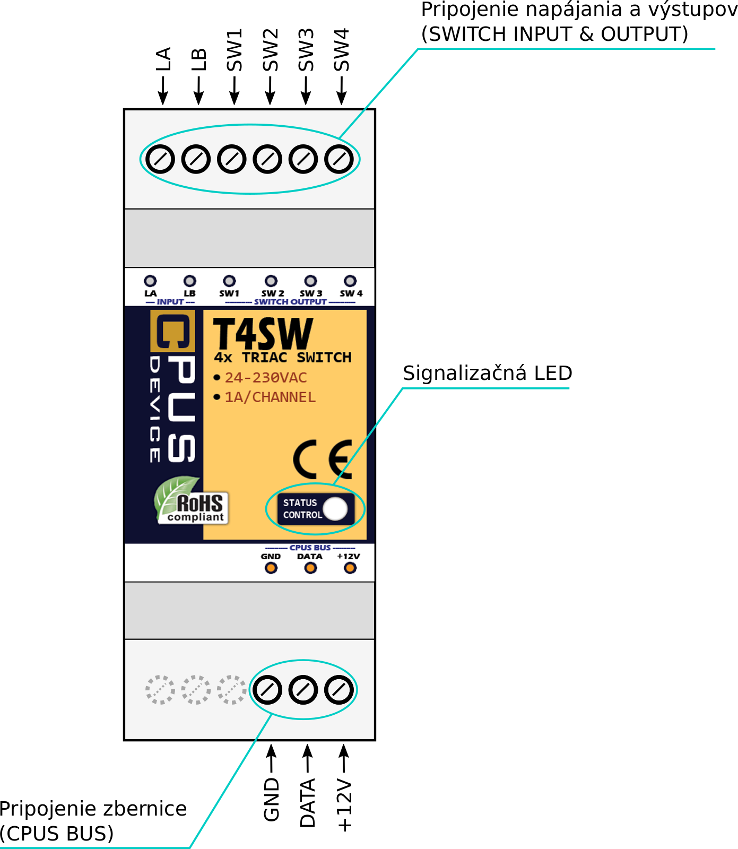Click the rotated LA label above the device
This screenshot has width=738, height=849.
click(163, 59)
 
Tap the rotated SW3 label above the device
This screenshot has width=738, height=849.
click(306, 50)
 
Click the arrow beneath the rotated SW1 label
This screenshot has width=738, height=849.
click(235, 91)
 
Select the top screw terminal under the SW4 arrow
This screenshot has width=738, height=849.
click(339, 159)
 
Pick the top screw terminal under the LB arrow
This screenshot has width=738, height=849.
click(196, 159)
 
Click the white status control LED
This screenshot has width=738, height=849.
click(335, 508)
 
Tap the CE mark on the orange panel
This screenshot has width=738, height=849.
click(323, 459)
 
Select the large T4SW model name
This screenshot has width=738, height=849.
click(263, 334)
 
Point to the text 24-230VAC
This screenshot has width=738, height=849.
click(266, 378)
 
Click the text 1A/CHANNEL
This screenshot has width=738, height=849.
click(270, 397)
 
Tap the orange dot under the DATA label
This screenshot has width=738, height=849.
click(310, 568)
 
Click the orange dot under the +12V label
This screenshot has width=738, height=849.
click(350, 568)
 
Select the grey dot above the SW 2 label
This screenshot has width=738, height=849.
click(271, 281)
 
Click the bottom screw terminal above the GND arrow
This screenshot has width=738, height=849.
click(267, 690)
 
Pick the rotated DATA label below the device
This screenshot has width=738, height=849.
click(308, 803)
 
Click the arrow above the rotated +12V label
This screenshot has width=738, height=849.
click(344, 758)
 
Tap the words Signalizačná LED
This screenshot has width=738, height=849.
click(488, 373)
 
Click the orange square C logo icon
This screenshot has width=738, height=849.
click(172, 331)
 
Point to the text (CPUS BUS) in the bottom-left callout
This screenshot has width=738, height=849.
click(57, 834)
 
